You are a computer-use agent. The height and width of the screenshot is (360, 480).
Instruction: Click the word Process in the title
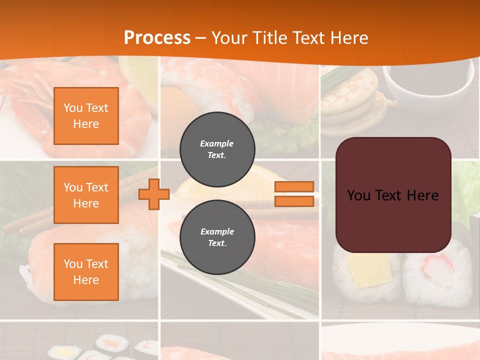click(157, 38)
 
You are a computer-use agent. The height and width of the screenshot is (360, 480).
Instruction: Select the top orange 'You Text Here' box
click(86, 116)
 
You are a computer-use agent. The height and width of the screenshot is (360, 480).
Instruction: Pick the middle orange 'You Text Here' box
click(86, 195)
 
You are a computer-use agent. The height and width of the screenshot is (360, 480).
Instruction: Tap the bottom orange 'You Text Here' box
click(86, 272)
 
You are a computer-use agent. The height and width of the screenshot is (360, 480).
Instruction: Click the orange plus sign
click(154, 194)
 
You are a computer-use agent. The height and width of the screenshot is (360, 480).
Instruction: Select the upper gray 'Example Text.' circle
click(217, 149)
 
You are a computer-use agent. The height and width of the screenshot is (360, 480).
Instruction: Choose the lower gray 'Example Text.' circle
click(217, 237)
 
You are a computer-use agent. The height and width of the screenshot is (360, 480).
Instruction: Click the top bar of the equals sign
click(294, 187)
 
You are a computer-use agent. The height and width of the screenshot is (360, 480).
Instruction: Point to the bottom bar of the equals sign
click(294, 201)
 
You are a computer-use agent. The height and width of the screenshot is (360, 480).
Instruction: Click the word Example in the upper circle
click(217, 143)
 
